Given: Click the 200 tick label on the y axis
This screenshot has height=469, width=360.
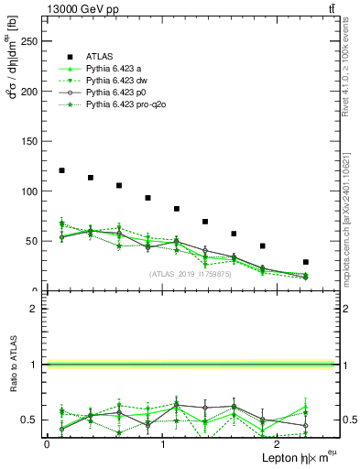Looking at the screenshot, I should pos(30,92).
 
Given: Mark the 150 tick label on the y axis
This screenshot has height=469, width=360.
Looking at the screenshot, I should pos(30,142).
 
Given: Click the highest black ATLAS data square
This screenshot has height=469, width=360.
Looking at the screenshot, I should pos(61,170).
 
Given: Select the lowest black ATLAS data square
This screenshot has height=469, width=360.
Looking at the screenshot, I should pos(305,262).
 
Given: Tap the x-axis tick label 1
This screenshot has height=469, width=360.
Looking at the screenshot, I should pos(162,444).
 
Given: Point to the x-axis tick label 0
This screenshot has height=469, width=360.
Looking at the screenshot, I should pos(47,444).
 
